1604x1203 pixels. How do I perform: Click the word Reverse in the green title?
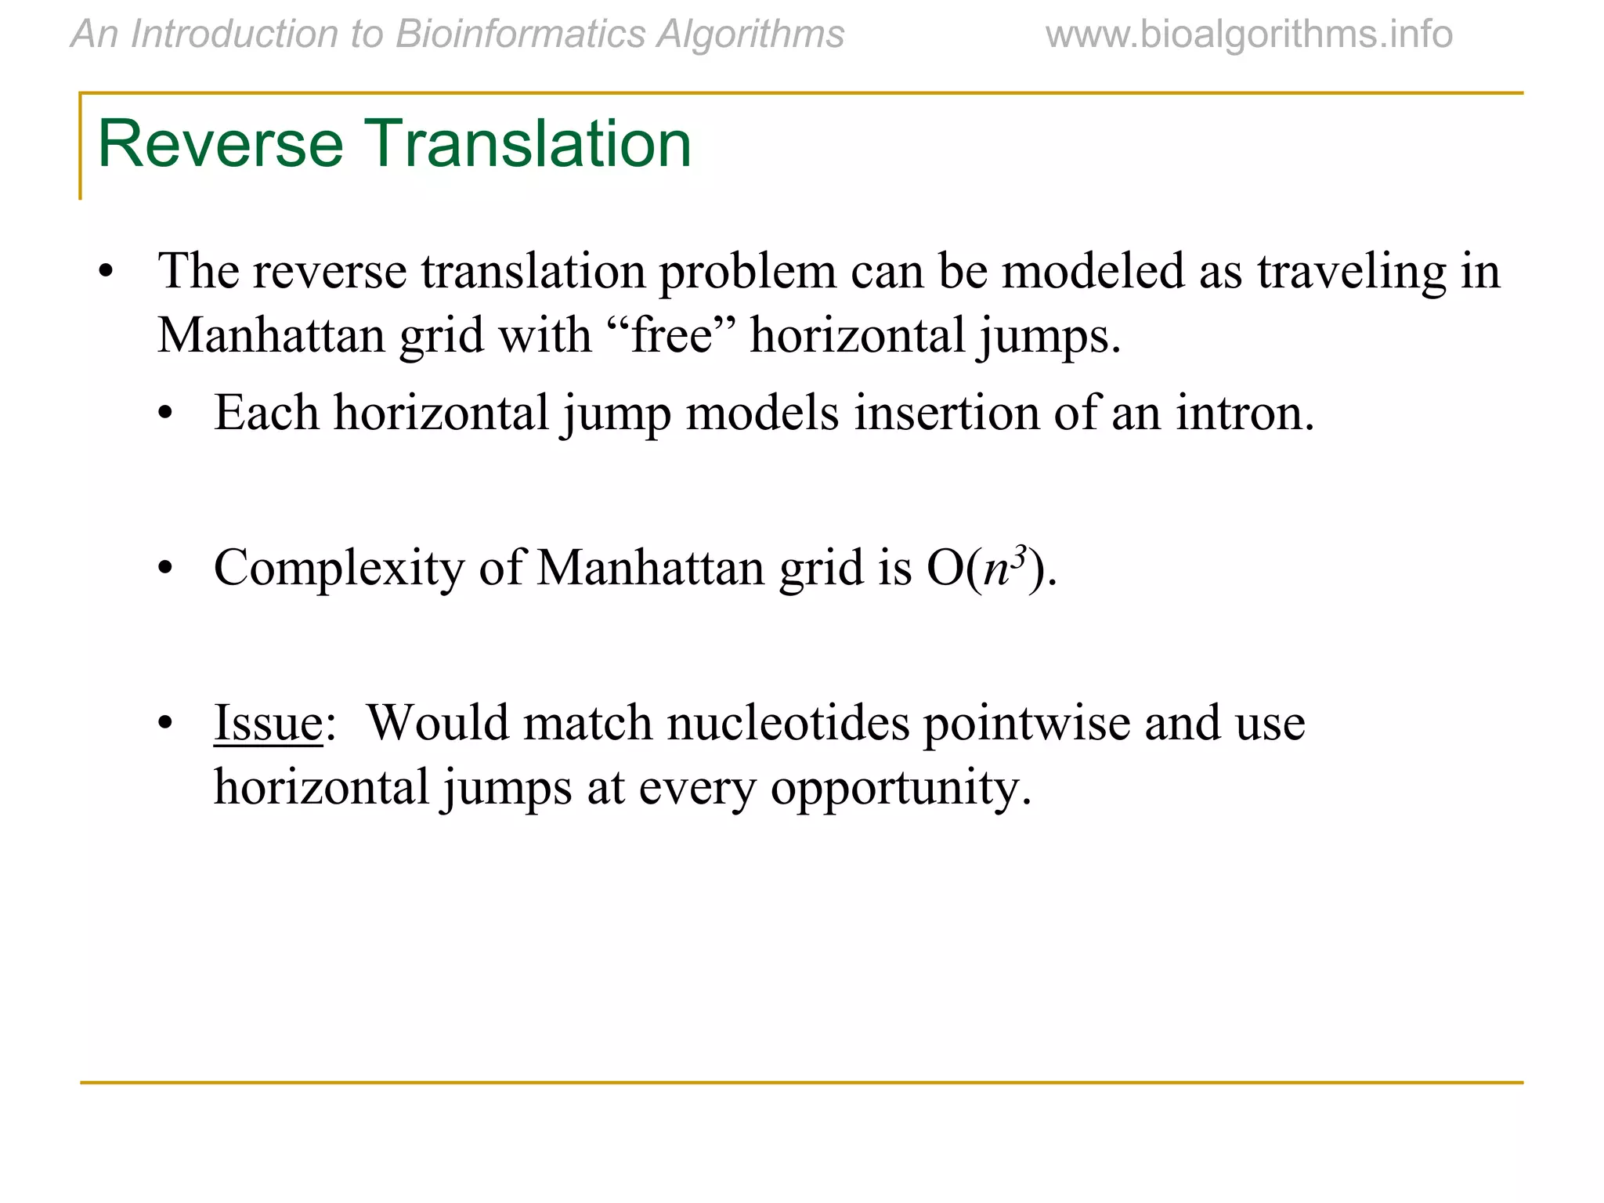point(220,144)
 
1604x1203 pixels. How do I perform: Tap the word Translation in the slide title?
point(530,144)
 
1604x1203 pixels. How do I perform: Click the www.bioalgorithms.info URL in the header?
point(1248,34)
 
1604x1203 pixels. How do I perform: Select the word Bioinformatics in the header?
point(520,34)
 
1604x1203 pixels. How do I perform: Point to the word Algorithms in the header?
point(750,34)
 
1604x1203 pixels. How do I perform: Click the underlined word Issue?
point(268,722)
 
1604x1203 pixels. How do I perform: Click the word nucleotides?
point(788,722)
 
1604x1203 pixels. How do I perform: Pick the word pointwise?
point(1026,722)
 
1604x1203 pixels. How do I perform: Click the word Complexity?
point(339,568)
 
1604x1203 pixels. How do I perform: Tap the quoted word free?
point(671,336)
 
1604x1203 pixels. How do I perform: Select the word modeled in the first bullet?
point(1093,271)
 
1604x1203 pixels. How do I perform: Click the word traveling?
point(1352,271)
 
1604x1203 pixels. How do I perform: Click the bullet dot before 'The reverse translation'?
point(106,273)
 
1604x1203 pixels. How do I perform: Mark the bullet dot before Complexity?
point(164,569)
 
